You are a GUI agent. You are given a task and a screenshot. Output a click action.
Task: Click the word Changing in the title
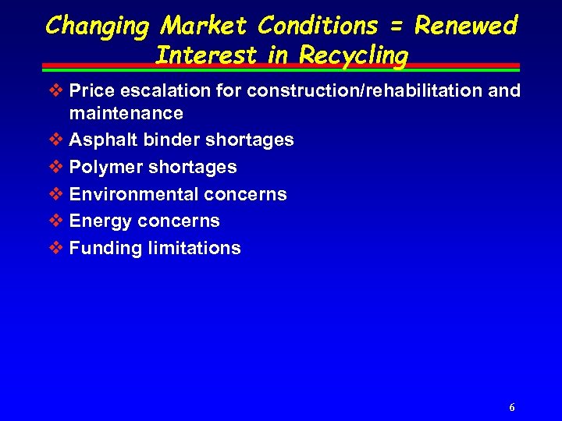pos(98,27)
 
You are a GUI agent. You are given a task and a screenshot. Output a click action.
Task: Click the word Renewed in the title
pos(466,27)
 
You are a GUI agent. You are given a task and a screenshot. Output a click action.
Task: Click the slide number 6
pos(511,408)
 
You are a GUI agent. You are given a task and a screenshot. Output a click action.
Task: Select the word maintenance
pos(126,113)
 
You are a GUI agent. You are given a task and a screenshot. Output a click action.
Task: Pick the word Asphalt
pos(98,140)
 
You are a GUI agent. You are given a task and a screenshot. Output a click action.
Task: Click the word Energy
pos(101,221)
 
